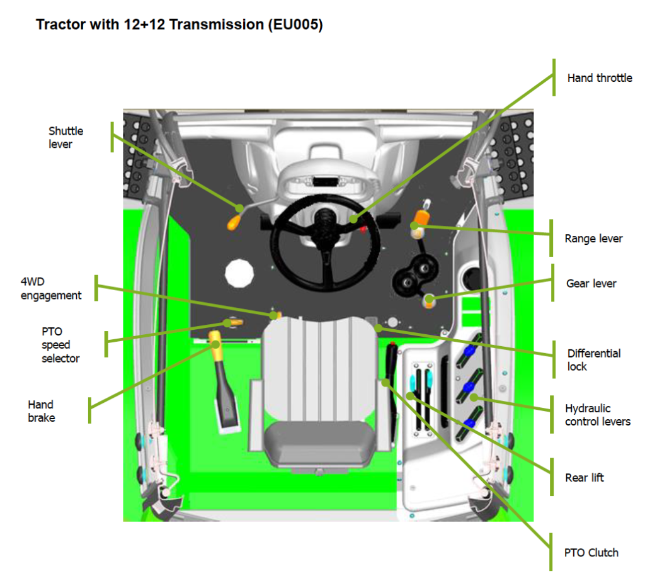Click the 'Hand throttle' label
[x=599, y=78]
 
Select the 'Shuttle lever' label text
[x=66, y=137]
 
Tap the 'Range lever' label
[x=593, y=239]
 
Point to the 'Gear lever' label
[x=591, y=283]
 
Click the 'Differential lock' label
[x=593, y=359]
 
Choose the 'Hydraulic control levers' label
[x=597, y=415]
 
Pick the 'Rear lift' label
[x=585, y=478]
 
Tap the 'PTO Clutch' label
[x=591, y=553]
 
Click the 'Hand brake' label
[x=41, y=411]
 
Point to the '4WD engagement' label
[x=51, y=288]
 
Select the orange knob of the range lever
[x=419, y=218]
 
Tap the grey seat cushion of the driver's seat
[x=320, y=439]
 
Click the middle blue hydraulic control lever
[x=469, y=388]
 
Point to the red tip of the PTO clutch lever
[x=392, y=346]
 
